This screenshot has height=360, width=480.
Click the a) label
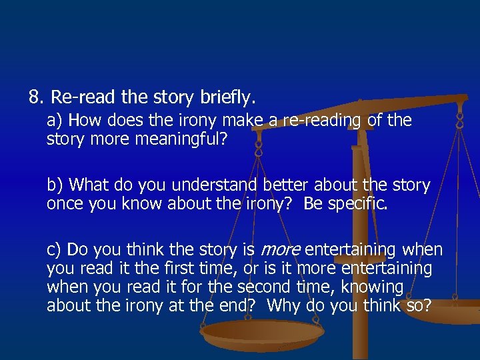coord(55,121)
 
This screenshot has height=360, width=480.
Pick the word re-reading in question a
coord(324,121)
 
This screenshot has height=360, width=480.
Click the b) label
coord(55,185)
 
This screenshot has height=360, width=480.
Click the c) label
coord(55,250)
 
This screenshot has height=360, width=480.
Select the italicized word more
coord(280,250)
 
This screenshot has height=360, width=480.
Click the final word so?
coord(418,306)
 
